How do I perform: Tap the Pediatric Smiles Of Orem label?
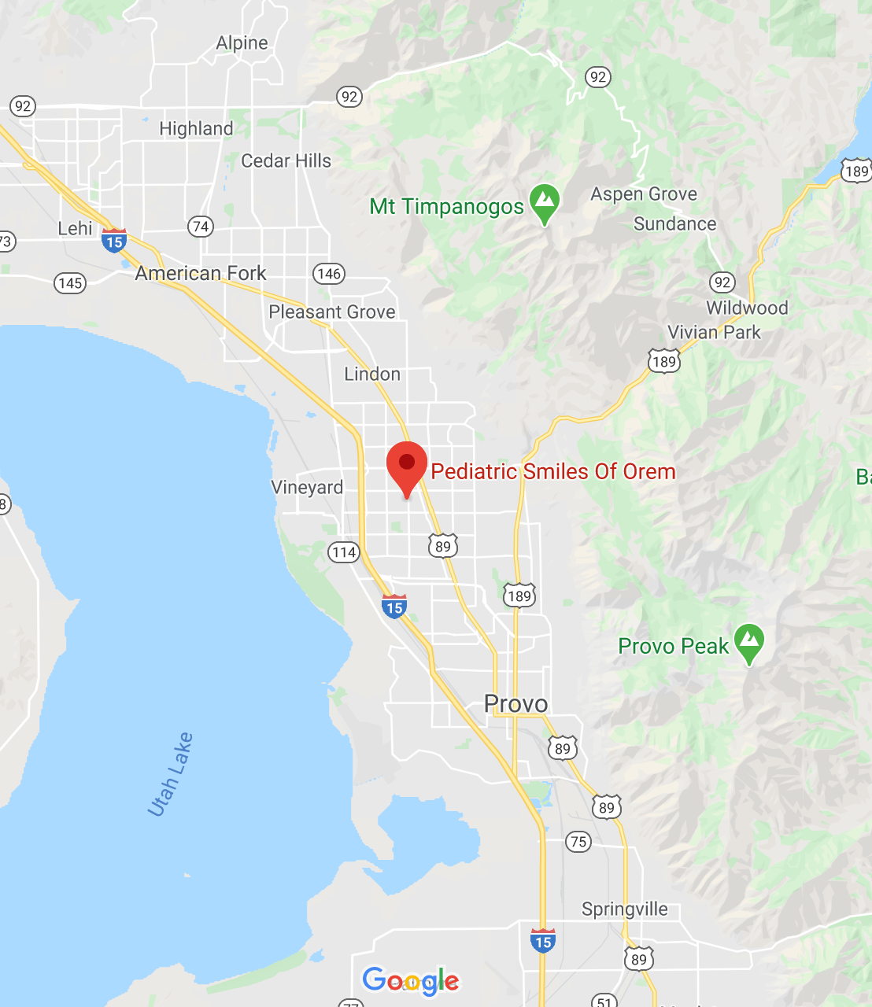pos(553,471)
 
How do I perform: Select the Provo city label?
pos(516,703)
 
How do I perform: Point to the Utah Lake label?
pos(170,774)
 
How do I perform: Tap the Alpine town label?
pos(242,43)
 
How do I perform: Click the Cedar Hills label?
pos(286,161)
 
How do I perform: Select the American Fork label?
pos(201,273)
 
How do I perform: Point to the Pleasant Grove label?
pos(332,312)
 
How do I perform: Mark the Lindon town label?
pos(372,374)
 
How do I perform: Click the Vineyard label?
pos(307,488)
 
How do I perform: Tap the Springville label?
pos(624,909)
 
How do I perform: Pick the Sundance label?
pos(674,224)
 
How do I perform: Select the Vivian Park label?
pos(714,332)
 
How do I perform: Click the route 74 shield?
pos(201,227)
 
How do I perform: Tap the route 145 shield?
pos(70,283)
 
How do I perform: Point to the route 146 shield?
pos(329,274)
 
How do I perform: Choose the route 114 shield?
pos(344,552)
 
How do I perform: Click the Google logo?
pos(411,980)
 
